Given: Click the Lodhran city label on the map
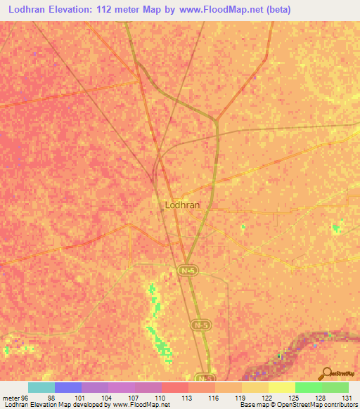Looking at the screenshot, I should coord(181,204).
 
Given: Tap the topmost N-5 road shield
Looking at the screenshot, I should coord(186,270).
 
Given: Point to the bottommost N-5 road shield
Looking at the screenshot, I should coord(203,377).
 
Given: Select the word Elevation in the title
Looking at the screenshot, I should coord(76,10).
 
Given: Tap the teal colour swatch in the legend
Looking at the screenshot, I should coord(41,387).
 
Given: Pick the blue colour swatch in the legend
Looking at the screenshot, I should coord(67,387).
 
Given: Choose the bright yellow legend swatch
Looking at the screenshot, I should coord(281,387).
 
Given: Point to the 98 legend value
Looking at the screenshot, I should coord(51,397).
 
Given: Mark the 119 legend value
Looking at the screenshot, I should coord(238,397).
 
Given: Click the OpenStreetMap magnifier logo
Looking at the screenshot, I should coord(325,372).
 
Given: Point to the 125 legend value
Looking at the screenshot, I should coord(292,397).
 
